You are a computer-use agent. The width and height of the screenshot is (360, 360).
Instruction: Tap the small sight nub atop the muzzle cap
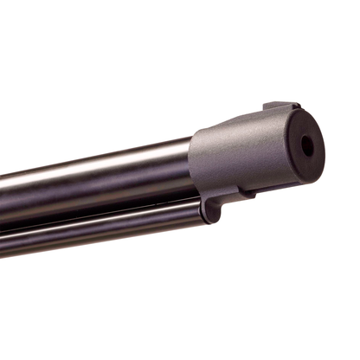pos(279,108)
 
